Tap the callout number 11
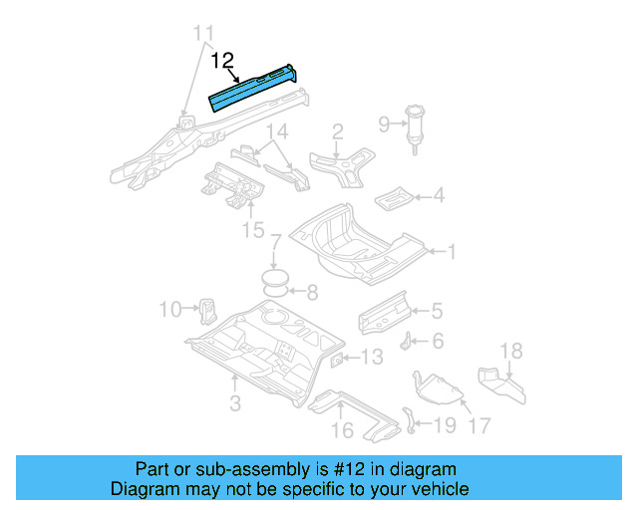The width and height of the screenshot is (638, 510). [x=202, y=34]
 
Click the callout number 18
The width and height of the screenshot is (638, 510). [x=510, y=350]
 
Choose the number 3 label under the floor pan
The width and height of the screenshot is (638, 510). [x=235, y=402]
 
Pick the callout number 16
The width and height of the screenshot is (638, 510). [x=342, y=430]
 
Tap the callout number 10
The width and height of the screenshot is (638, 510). [x=170, y=310]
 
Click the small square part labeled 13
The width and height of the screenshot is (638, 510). [x=337, y=359]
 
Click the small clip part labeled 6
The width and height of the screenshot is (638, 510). [x=408, y=341]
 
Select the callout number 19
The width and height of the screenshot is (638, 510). [x=446, y=425]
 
